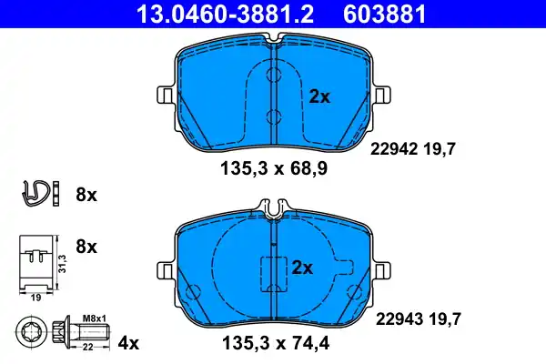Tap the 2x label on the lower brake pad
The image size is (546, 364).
click(302, 268)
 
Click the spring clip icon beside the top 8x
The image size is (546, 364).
click(35, 193)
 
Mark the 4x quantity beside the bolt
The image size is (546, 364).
click(129, 343)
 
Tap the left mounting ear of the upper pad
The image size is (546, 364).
click(165, 95)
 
